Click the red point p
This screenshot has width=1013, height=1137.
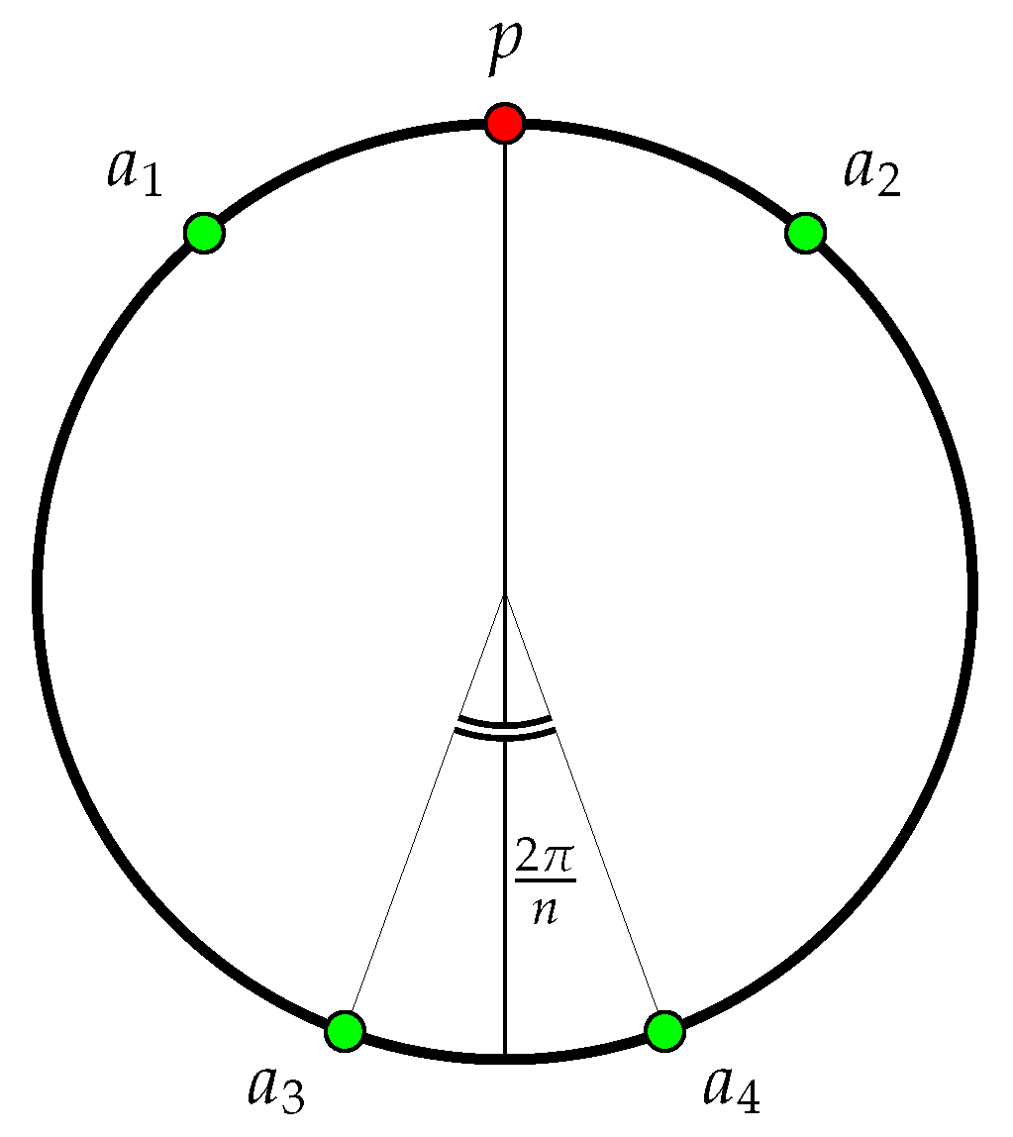click(x=505, y=123)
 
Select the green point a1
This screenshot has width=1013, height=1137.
click(x=204, y=233)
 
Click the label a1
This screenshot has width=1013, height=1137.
click(x=134, y=171)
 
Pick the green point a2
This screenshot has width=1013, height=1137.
click(x=805, y=233)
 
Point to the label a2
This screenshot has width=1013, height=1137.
click(x=871, y=171)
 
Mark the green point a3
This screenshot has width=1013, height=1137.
click(x=345, y=1031)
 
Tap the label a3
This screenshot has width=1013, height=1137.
click(x=276, y=1087)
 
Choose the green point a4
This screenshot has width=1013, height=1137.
click(x=664, y=1031)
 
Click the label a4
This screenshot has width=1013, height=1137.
click(x=732, y=1087)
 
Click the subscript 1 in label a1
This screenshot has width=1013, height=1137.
click(x=152, y=183)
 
